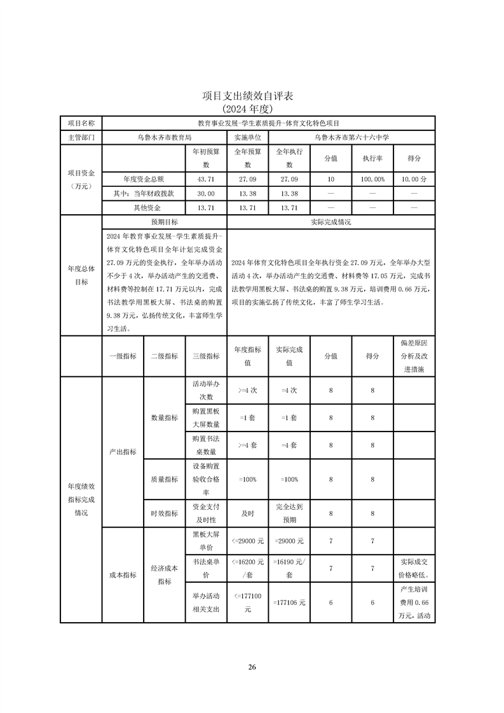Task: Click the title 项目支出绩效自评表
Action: coord(252,96)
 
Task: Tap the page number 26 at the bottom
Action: coord(252,667)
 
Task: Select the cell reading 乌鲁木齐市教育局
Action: coord(164,137)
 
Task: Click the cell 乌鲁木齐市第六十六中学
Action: coord(351,137)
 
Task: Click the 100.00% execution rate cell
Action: coord(372,180)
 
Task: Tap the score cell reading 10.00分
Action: coord(414,180)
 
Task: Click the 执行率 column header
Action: coord(372,158)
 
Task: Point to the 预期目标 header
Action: coord(164,222)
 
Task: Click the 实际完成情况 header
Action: coord(330,222)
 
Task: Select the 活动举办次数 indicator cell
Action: coord(206,390)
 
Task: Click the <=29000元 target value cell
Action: coord(247,541)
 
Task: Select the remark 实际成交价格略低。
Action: coord(414,567)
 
